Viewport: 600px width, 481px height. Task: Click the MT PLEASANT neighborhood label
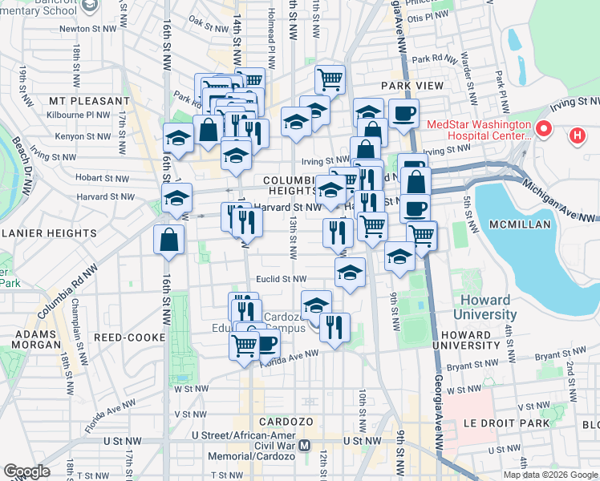pos(88,102)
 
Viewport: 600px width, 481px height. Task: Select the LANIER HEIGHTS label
pos(48,233)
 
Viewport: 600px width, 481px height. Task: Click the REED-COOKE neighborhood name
pos(129,338)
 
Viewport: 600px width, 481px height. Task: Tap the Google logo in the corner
pos(26,471)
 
